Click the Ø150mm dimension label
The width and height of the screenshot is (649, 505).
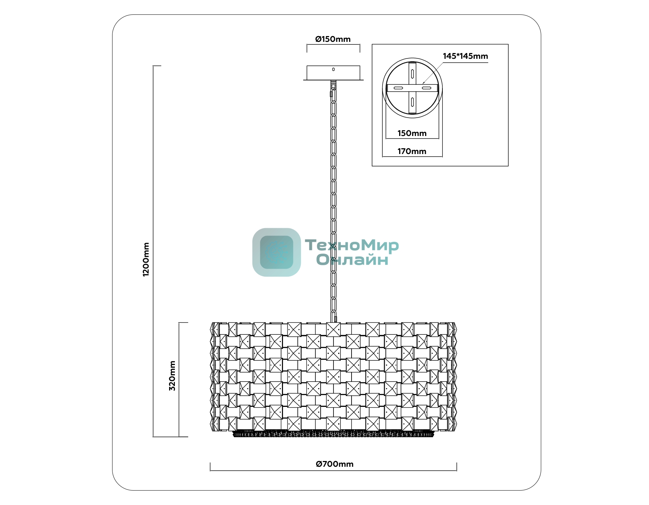coord(333,39)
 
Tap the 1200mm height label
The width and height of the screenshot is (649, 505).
coord(146,259)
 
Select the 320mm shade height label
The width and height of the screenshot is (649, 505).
coord(172,376)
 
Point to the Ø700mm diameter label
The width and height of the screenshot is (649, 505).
coord(335,464)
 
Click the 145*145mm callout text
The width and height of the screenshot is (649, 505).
coord(465,56)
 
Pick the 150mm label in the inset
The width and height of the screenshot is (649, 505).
coord(412,133)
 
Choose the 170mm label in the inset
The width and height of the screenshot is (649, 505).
coord(412,151)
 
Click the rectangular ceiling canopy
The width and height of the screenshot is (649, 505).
coord(333,73)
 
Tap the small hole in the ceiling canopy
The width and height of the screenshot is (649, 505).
coord(334,69)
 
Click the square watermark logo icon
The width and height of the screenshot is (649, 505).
coord(277,252)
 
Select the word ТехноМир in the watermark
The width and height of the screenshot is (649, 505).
coord(352,245)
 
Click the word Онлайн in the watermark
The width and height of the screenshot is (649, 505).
coord(352,260)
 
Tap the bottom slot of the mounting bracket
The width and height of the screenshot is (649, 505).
coord(412,102)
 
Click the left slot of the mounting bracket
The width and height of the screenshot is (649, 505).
coord(398,88)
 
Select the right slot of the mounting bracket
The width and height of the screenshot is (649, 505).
coord(427,88)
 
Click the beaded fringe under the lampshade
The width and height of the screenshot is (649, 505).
coord(334,434)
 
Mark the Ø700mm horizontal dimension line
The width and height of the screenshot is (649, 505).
coord(334,471)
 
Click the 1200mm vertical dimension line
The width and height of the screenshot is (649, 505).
coord(153,251)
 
